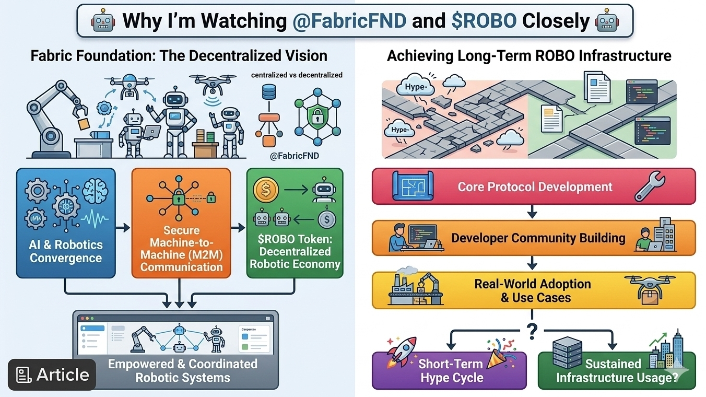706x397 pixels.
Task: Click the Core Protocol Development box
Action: point(534,186)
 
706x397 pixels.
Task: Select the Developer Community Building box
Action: point(534,238)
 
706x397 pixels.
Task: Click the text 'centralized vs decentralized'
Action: point(297,75)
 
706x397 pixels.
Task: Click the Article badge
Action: point(52,375)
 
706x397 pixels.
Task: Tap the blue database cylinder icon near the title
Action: point(269,94)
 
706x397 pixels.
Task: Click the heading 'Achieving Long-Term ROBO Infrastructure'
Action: point(529,56)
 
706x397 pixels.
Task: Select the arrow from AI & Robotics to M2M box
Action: point(123,228)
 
